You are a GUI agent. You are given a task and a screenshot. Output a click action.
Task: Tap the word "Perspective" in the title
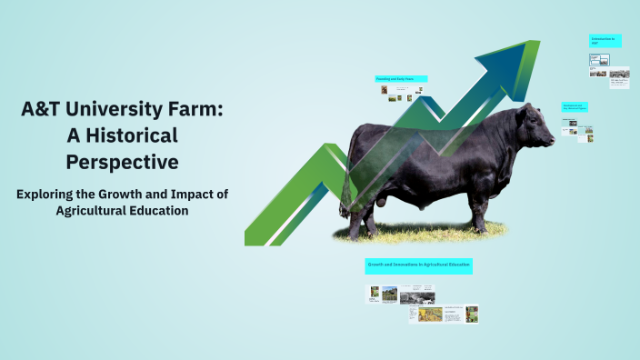[x=122, y=162]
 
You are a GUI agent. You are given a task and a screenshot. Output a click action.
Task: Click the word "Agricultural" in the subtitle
[x=98, y=210]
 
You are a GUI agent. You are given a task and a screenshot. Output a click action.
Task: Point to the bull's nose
[x=552, y=140]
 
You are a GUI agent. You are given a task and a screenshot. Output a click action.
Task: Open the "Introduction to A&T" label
[x=604, y=41]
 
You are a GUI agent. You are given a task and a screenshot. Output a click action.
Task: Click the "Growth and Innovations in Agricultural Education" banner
[x=418, y=265]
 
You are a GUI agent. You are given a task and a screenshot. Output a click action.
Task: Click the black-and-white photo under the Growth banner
[x=417, y=295]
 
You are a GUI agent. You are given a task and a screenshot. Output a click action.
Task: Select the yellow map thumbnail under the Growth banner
[x=429, y=314]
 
